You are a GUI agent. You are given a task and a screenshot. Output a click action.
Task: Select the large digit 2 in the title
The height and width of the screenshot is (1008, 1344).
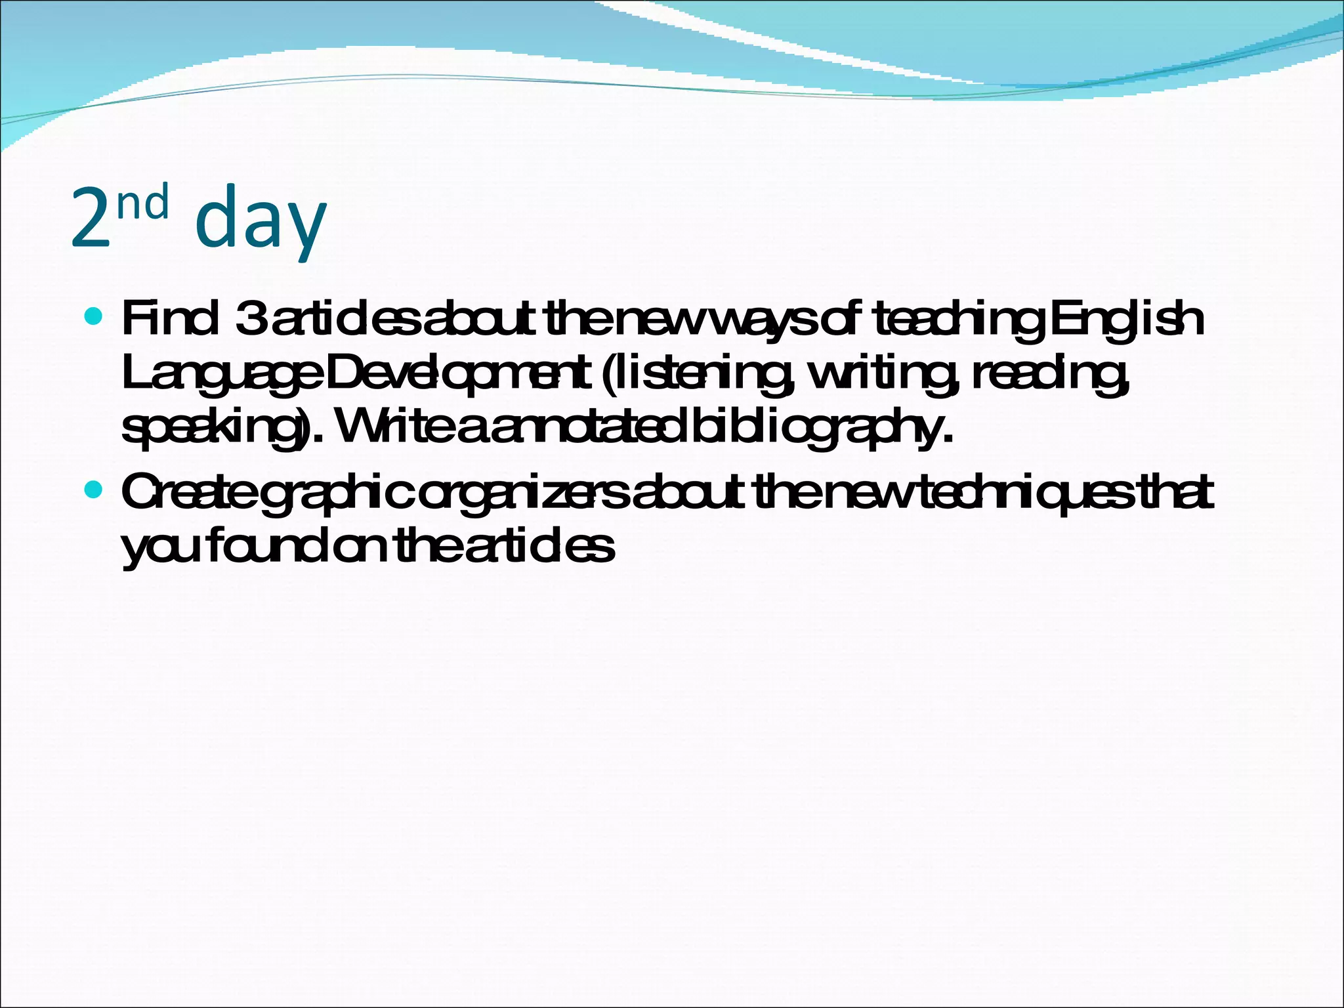(x=91, y=220)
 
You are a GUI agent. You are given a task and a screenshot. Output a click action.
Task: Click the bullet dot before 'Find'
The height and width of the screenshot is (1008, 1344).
(x=94, y=317)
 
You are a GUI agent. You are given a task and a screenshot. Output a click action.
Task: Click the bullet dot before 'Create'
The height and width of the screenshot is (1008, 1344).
(x=94, y=490)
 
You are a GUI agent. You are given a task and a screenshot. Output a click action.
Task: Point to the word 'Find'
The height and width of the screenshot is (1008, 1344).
(x=169, y=320)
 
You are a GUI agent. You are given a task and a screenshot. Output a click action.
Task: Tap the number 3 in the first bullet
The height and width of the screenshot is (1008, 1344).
(x=250, y=320)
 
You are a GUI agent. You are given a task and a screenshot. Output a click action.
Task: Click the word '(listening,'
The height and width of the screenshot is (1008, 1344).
(x=696, y=375)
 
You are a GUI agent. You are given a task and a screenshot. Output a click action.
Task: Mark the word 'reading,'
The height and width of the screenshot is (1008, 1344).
(x=1050, y=375)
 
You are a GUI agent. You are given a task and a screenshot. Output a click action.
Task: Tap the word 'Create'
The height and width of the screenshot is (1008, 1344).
(x=188, y=493)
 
